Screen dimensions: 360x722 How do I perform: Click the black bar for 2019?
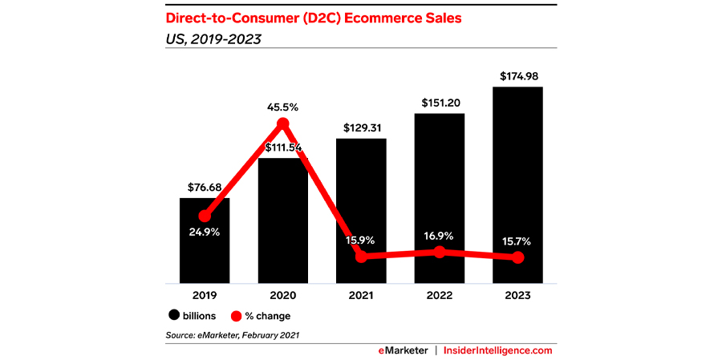[x=205, y=257]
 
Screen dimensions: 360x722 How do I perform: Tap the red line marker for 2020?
[x=282, y=123]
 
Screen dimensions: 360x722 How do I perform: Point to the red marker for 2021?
[x=361, y=257]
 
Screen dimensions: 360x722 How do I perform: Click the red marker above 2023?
[x=518, y=257]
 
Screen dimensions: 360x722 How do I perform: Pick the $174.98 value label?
[x=518, y=77]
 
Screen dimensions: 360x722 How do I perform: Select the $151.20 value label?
[x=440, y=103]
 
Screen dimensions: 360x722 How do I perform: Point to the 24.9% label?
[x=205, y=233]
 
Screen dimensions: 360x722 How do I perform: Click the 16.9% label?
[x=440, y=237]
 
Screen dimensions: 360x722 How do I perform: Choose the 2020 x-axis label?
[x=282, y=296]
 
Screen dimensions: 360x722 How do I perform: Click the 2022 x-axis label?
[x=440, y=296]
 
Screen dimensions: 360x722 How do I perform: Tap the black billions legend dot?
[x=172, y=316]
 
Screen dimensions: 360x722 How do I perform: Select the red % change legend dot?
[x=236, y=316]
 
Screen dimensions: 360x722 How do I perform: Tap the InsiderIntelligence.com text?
[x=498, y=350]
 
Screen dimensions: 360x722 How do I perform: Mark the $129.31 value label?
[x=361, y=129]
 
